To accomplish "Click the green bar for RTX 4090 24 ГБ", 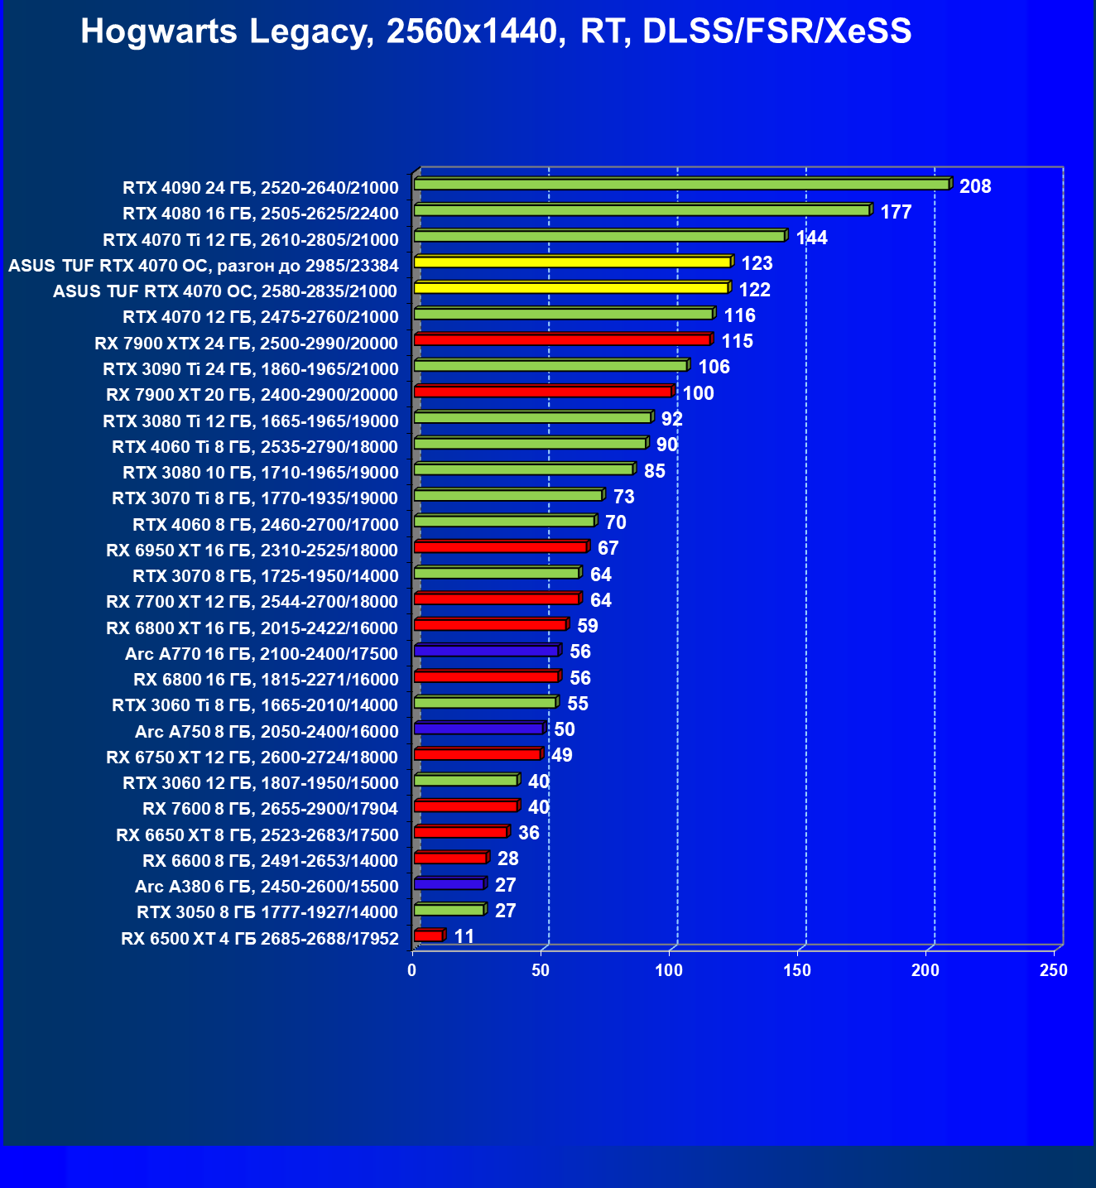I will click(x=681, y=184).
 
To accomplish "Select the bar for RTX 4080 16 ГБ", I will click(x=642, y=210).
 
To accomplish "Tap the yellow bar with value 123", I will click(x=572, y=262).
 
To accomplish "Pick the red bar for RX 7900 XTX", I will click(x=562, y=339).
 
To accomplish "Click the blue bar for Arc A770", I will click(x=486, y=651).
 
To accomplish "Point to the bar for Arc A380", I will click(x=449, y=884).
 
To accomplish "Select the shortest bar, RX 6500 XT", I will click(x=428, y=935).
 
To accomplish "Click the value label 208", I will click(x=975, y=186).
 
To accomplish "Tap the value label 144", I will click(x=811, y=238).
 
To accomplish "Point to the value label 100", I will click(x=698, y=393).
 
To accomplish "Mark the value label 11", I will click(x=464, y=936).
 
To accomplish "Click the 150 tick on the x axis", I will click(x=797, y=970).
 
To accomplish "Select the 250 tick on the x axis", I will click(x=1054, y=970).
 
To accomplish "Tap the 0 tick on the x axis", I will click(x=412, y=970).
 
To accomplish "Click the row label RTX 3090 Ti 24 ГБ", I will click(x=251, y=368).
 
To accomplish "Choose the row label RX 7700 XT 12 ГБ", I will click(x=252, y=602).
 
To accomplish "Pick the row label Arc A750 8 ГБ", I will click(x=267, y=731).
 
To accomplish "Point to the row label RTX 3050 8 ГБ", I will click(x=267, y=912).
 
